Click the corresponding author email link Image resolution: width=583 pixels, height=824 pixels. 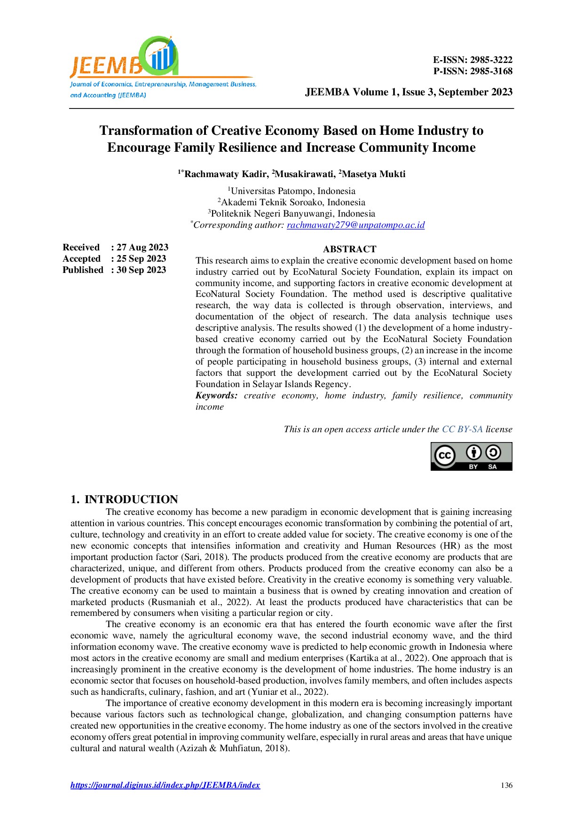[355, 225]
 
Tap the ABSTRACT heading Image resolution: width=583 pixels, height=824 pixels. [349, 249]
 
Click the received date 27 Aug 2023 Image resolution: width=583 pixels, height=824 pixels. [142, 248]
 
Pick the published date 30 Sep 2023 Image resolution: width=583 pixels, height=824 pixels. [142, 270]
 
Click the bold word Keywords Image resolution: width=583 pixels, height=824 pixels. [216, 396]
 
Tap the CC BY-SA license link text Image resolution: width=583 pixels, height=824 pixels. [462, 429]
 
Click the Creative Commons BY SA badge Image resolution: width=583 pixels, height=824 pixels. [471, 456]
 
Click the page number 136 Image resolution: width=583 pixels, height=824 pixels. [506, 785]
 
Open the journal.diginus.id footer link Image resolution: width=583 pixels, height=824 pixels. [165, 785]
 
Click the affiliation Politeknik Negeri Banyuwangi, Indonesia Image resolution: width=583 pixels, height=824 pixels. [292, 214]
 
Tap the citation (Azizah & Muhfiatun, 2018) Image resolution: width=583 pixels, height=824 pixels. [233, 748]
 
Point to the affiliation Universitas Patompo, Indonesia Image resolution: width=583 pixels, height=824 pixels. [292, 191]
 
